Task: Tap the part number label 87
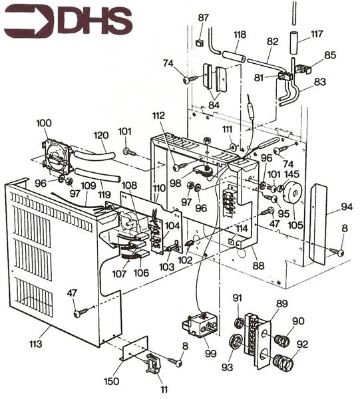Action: (203, 17)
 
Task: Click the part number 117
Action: (317, 34)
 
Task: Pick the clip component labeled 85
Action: (305, 68)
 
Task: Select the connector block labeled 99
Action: (199, 327)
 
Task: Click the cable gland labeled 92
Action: (282, 362)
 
